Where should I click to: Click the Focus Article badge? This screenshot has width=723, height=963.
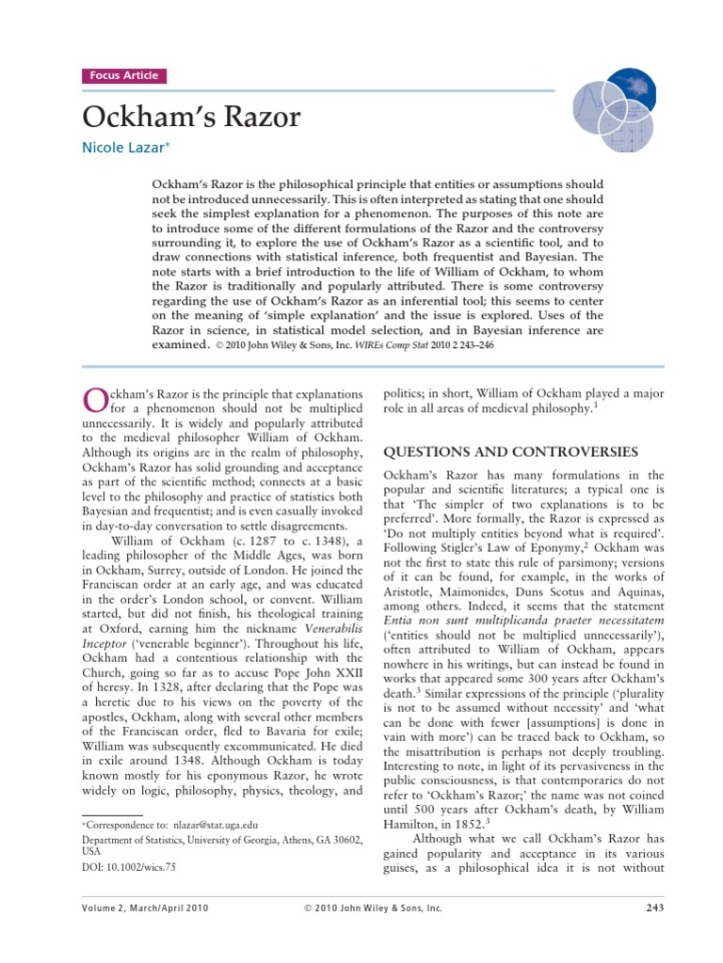coord(124,76)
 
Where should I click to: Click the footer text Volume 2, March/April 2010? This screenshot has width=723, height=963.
coord(146,908)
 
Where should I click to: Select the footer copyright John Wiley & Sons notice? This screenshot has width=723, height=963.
coord(372,908)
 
